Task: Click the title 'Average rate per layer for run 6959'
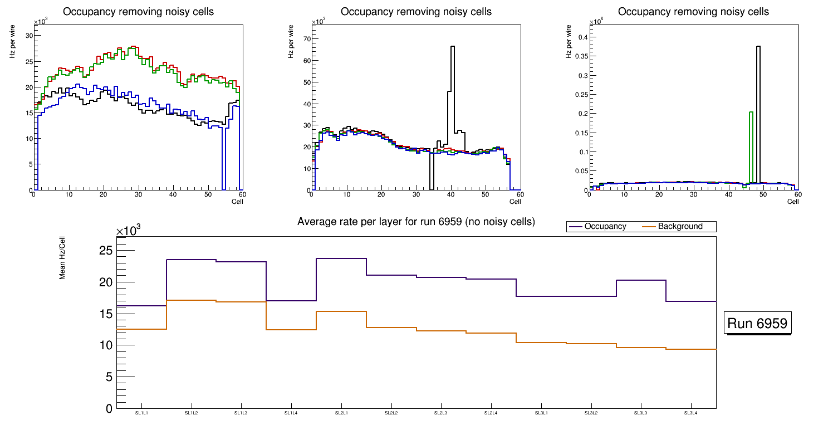pyautogui.click(x=416, y=222)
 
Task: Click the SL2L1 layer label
pyautogui.click(x=341, y=413)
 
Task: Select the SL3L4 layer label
pyautogui.click(x=691, y=413)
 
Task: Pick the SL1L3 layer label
pyautogui.click(x=241, y=413)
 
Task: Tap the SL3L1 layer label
pyautogui.click(x=541, y=413)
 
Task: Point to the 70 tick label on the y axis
pyautogui.click(x=306, y=38)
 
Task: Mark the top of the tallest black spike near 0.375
pyautogui.click(x=758, y=47)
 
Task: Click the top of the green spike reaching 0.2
pyautogui.click(x=751, y=113)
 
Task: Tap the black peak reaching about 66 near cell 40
pyautogui.click(x=453, y=47)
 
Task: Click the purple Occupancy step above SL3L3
pyautogui.click(x=641, y=280)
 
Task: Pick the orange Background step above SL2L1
pyautogui.click(x=341, y=311)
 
